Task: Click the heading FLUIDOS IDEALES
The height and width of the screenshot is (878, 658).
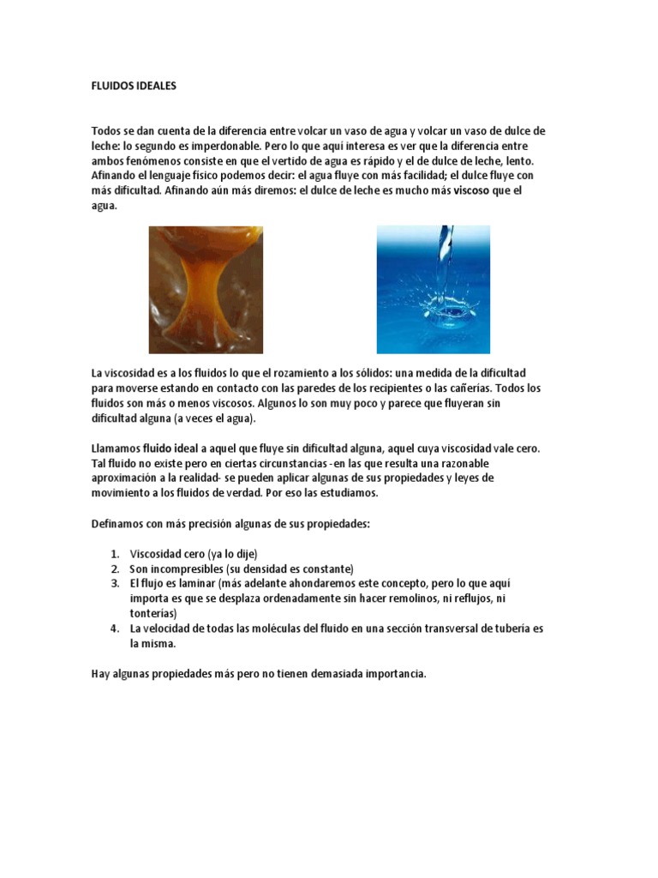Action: (133, 87)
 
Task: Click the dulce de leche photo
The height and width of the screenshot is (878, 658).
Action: (206, 290)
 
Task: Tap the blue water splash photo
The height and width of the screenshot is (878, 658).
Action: (433, 290)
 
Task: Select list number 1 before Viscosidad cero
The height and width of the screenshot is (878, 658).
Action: (113, 554)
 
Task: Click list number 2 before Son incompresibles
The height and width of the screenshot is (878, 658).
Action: (113, 568)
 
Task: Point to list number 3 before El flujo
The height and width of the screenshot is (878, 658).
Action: (113, 583)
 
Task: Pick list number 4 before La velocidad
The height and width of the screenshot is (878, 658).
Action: (113, 628)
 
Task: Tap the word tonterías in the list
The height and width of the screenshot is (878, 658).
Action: (153, 613)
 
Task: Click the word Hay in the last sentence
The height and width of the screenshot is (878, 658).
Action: (101, 674)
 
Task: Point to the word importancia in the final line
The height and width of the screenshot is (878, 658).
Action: (395, 674)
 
